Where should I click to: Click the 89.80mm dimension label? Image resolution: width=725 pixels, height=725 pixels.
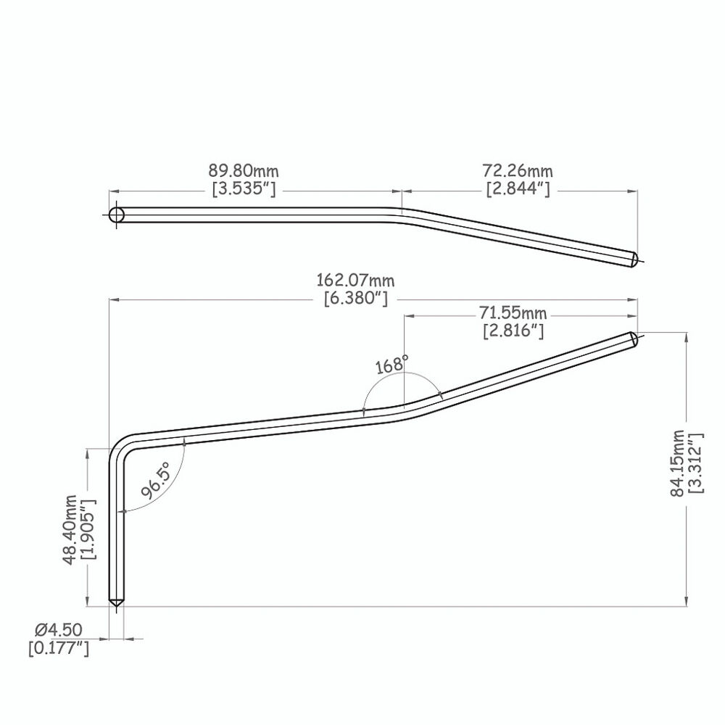click(243, 171)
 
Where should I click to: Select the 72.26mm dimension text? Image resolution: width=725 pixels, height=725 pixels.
click(518, 171)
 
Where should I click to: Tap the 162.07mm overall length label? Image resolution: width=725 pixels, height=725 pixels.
click(355, 280)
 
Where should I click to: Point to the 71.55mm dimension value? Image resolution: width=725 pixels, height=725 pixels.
click(513, 313)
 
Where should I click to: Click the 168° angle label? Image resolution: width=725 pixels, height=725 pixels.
click(391, 365)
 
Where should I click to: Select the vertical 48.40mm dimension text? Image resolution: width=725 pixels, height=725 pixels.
click(70, 530)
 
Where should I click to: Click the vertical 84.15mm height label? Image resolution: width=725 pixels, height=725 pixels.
click(677, 463)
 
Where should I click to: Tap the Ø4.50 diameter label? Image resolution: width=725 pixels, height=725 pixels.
click(59, 630)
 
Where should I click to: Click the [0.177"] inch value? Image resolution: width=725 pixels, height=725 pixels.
click(59, 648)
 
